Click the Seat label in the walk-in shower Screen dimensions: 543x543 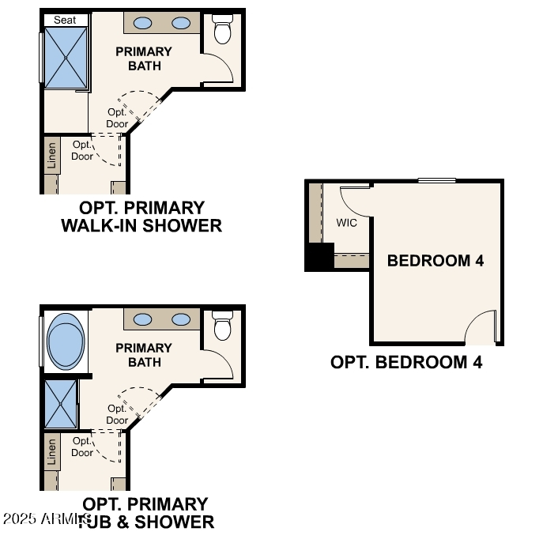[x=65, y=20]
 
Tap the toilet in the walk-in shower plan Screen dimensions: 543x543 [x=223, y=30]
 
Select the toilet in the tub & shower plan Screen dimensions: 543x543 [x=223, y=325]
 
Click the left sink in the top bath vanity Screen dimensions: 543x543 [x=143, y=24]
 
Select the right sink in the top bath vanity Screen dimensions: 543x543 [x=182, y=24]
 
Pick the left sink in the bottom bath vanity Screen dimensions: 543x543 [x=143, y=319]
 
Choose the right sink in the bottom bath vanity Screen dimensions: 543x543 [x=182, y=319]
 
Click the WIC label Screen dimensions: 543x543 [x=347, y=223]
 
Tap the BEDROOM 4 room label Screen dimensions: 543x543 [x=435, y=261]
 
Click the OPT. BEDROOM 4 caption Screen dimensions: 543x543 [x=406, y=363]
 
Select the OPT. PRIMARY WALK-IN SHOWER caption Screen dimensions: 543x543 [x=142, y=217]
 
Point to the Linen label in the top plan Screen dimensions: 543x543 [x=51, y=155]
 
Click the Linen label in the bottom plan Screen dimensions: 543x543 [x=51, y=451]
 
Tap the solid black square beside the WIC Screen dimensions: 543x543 [x=319, y=258]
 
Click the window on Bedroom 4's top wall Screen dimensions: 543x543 [x=437, y=181]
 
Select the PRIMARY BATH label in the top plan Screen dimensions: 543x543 [x=143, y=58]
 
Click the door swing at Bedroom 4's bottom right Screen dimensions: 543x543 [x=481, y=328]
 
